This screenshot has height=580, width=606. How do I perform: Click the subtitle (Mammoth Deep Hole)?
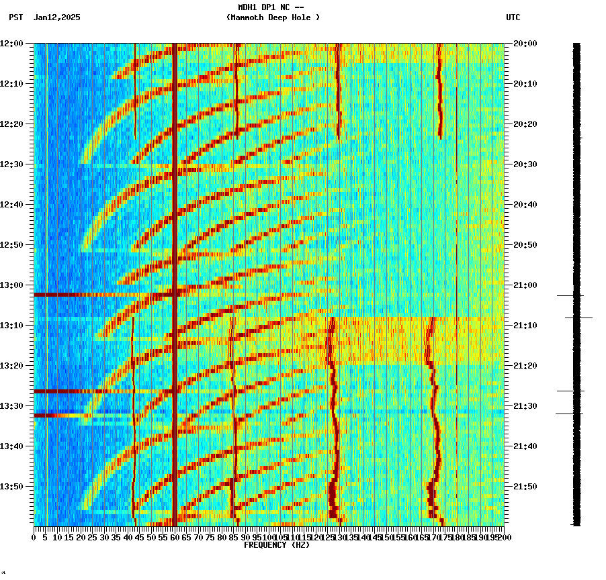273,17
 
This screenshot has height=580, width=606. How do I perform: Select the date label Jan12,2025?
57,17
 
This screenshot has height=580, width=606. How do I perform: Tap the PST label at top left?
17,17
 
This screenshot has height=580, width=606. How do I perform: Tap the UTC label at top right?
513,17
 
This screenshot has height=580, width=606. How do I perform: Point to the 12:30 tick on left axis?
12,164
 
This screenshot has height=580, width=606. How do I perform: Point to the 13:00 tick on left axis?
12,285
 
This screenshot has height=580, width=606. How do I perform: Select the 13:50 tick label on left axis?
12,487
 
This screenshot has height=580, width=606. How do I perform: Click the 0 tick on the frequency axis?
34,537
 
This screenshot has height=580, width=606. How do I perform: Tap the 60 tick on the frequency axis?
175,537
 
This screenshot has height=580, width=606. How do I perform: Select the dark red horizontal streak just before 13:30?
81,391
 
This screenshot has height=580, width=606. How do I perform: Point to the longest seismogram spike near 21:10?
578,318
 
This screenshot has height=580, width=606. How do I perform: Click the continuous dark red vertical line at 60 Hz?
175,201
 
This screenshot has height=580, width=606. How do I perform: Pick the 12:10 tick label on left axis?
12,84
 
